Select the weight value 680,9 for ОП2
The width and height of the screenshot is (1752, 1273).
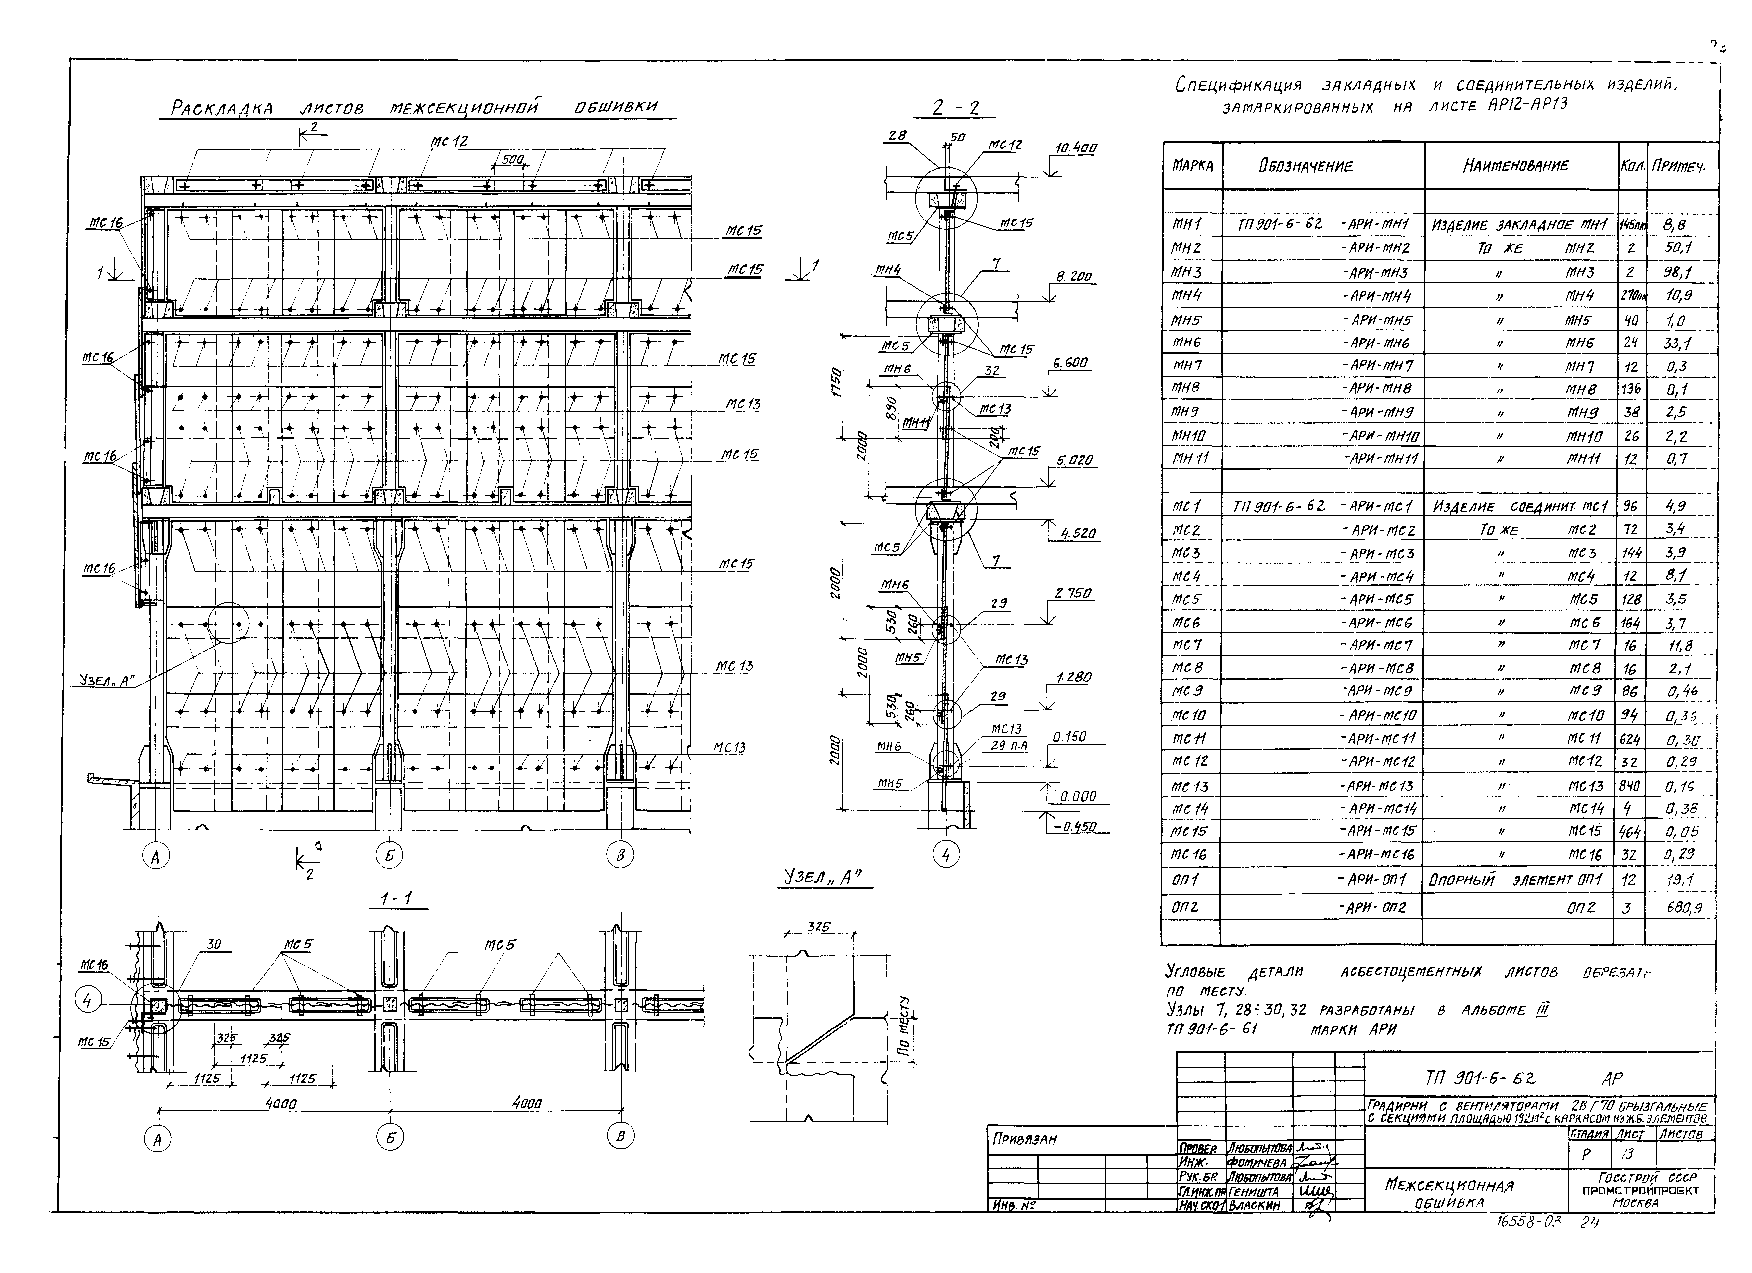(x=1684, y=908)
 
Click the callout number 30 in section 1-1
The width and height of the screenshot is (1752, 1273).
(x=214, y=943)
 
